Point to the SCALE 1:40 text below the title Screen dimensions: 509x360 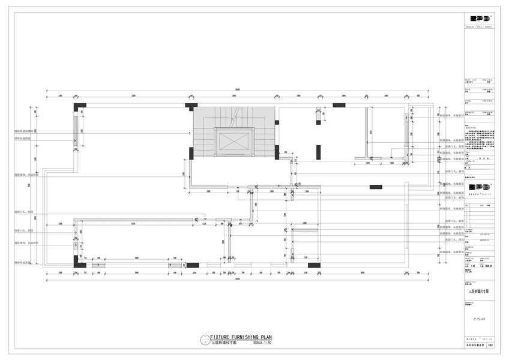[263, 343]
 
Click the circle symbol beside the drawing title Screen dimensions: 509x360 [204, 340]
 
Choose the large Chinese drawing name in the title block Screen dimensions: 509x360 [479, 290]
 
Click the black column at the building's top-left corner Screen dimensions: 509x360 [80, 107]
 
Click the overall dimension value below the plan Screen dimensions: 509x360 [238, 278]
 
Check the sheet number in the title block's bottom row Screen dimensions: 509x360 [490, 346]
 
